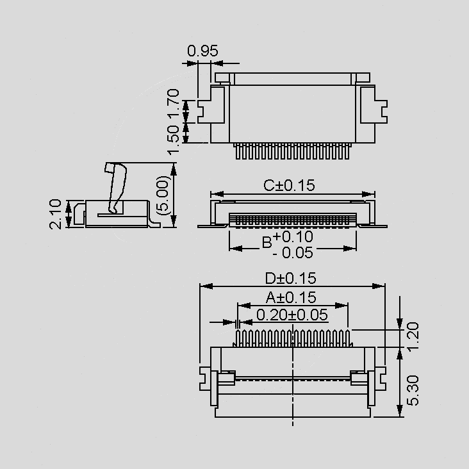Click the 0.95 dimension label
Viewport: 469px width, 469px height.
coord(202,51)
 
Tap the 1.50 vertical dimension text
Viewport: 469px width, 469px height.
coord(172,139)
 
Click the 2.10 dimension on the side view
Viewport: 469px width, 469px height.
coord(56,213)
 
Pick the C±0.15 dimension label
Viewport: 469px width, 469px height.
coord(290,185)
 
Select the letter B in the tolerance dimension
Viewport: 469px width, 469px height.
coord(267,242)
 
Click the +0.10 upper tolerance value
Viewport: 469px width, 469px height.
coord(293,236)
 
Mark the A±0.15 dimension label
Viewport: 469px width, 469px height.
coord(291,297)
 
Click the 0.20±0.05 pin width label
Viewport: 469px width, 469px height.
coord(292,315)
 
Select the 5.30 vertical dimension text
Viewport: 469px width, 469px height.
coord(413,389)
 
